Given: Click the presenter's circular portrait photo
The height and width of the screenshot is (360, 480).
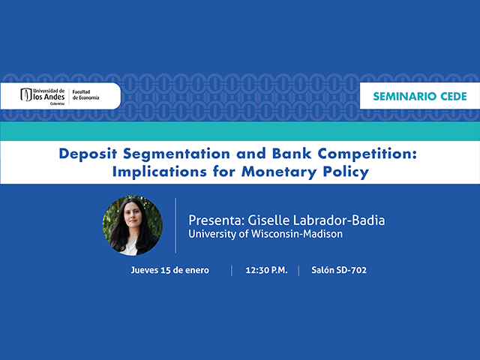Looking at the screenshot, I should pyautogui.click(x=133, y=225).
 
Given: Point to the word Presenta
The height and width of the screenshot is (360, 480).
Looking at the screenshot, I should pyautogui.click(x=216, y=220).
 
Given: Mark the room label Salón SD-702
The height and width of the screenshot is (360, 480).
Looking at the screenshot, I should pyautogui.click(x=339, y=270).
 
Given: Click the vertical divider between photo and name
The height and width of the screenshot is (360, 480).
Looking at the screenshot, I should pyautogui.click(x=176, y=226).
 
